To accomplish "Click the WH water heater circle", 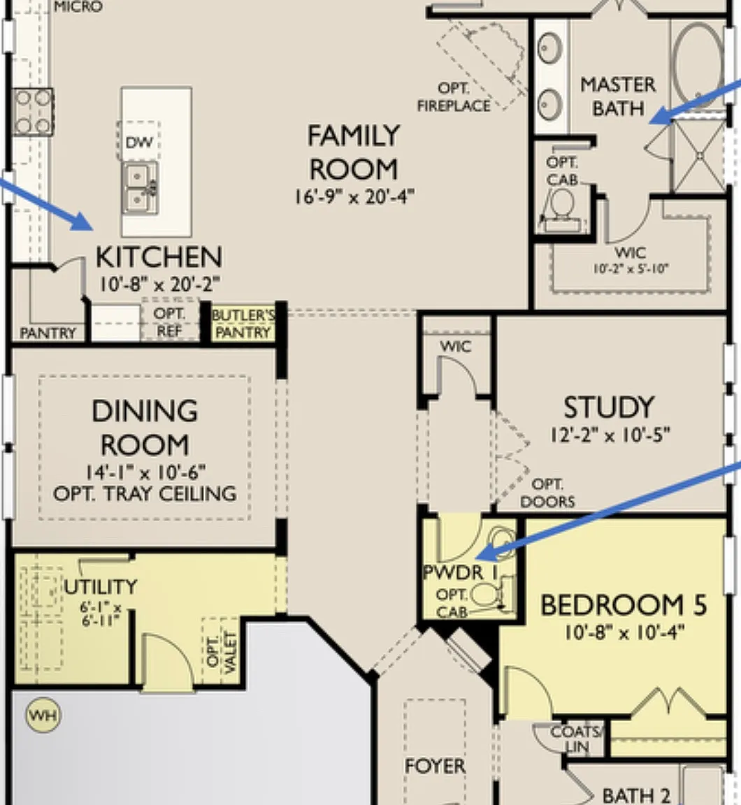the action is (43, 715).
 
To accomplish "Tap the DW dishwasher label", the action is (138, 143).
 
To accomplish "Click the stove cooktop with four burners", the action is (32, 112).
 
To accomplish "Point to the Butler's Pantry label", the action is (243, 324).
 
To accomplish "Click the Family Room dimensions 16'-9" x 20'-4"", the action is (354, 196).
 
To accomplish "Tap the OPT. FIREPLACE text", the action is (454, 97).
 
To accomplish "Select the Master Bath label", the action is (618, 96).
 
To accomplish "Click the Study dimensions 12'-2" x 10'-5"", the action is (610, 435).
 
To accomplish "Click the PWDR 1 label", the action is (461, 572).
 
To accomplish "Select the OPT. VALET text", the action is (221, 652).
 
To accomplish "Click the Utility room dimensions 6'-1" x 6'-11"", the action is (101, 614).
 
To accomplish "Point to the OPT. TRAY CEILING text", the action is (145, 494).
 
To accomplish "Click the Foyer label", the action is (435, 766).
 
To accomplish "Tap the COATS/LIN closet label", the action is (576, 739).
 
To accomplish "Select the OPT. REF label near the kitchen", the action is (169, 322).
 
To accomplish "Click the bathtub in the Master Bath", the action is (698, 64).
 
